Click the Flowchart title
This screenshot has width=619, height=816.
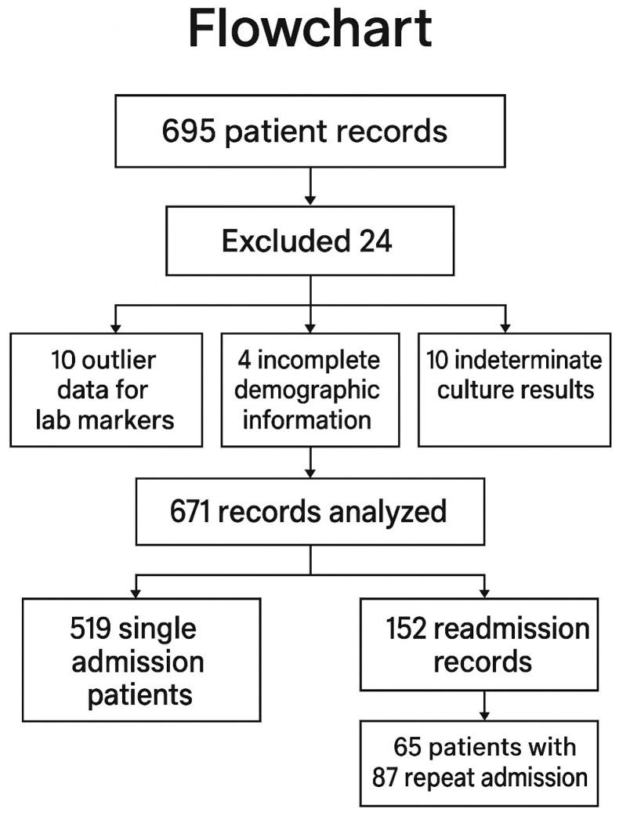tap(310, 31)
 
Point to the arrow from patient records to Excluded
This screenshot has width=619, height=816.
tap(310, 188)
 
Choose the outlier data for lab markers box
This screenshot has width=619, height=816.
tap(106, 390)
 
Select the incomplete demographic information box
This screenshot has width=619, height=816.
tap(310, 390)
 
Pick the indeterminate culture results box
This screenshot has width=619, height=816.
tap(514, 390)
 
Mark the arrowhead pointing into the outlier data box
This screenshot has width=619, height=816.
tap(115, 325)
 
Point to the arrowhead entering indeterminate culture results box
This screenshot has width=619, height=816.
tap(505, 325)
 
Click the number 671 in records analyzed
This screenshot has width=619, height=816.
tap(192, 512)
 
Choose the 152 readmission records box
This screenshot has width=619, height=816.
tap(485, 644)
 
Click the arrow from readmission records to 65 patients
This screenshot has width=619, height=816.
tap(485, 705)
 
